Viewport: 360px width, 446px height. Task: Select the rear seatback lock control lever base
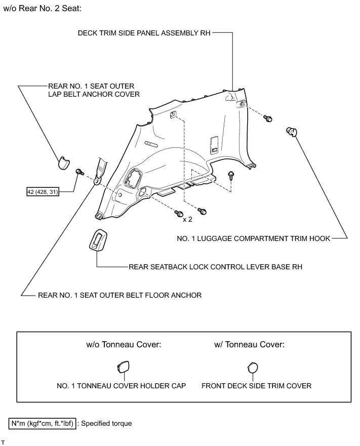pyautogui.click(x=98, y=239)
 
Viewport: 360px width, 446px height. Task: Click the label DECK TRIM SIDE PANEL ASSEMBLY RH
pyautogui.click(x=144, y=33)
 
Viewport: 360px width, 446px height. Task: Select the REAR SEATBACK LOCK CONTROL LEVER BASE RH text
pyautogui.click(x=216, y=266)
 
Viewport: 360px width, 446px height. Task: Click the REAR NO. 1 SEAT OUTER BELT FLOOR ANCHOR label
pyautogui.click(x=119, y=295)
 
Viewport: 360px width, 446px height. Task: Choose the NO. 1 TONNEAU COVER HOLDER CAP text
pyautogui.click(x=122, y=386)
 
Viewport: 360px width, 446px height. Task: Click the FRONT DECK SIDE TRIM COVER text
pyautogui.click(x=256, y=386)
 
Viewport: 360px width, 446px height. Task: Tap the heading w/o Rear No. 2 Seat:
pyautogui.click(x=43, y=9)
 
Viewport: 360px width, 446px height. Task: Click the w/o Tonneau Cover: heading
pyautogui.click(x=124, y=345)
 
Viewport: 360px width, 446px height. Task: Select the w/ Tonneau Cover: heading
pyautogui.click(x=250, y=345)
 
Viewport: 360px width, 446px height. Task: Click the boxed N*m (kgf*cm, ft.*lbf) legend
pyautogui.click(x=42, y=423)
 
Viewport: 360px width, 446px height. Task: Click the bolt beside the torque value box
pyautogui.click(x=79, y=172)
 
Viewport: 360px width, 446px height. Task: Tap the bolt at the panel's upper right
pyautogui.click(x=268, y=118)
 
